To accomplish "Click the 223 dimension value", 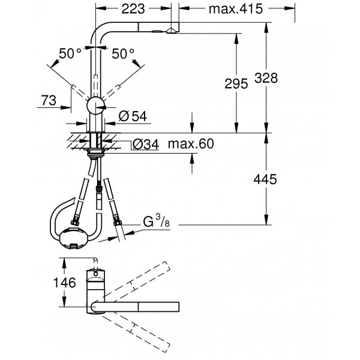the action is pyautogui.click(x=133, y=9).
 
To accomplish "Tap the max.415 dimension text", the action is pyautogui.click(x=236, y=9).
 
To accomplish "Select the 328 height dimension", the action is pyautogui.click(x=266, y=78).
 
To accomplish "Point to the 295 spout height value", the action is pyautogui.click(x=236, y=83).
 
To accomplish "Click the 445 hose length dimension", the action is pyautogui.click(x=265, y=179).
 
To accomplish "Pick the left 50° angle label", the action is pyautogui.click(x=70, y=53).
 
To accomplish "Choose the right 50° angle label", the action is pyautogui.click(x=123, y=54).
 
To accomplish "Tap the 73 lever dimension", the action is pyautogui.click(x=49, y=100).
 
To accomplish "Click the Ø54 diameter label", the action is pyautogui.click(x=133, y=116).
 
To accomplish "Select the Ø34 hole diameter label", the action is pyautogui.click(x=146, y=145).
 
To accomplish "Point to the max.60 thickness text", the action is pyautogui.click(x=191, y=144).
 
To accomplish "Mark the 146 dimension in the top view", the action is pyautogui.click(x=65, y=283).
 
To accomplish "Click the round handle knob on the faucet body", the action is pyautogui.click(x=95, y=106).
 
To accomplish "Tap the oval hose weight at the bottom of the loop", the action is pyautogui.click(x=73, y=238).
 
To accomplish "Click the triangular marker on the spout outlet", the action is pyautogui.click(x=170, y=31).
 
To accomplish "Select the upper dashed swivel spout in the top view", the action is pyautogui.click(x=134, y=282).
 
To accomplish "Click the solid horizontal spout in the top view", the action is pyautogui.click(x=135, y=307).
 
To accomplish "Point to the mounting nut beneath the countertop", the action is pyautogui.click(x=95, y=152).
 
